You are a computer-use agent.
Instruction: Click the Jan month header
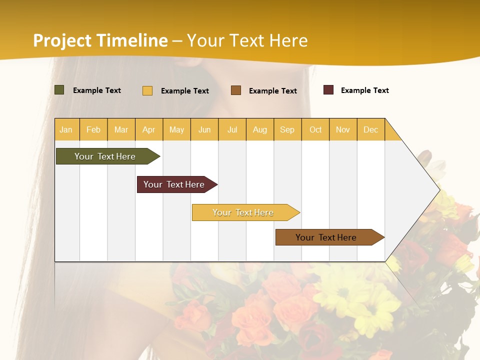click(x=66, y=129)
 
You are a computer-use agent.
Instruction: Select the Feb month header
click(x=93, y=129)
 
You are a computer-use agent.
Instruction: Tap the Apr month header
click(x=149, y=129)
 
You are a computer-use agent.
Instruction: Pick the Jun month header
click(x=204, y=129)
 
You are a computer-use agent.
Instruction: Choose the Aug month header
click(x=260, y=129)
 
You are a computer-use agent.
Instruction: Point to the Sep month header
click(x=287, y=129)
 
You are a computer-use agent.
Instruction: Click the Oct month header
click(x=315, y=129)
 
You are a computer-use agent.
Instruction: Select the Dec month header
click(x=371, y=129)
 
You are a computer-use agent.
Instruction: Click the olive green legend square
click(x=59, y=90)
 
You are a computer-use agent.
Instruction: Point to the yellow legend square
click(x=147, y=90)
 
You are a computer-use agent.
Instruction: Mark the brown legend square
click(x=236, y=90)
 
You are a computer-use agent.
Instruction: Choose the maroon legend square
click(x=328, y=90)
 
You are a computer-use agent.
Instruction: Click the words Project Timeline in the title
click(x=100, y=40)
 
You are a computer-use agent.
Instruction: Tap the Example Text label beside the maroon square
click(x=365, y=90)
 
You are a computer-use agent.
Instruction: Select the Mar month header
click(x=121, y=129)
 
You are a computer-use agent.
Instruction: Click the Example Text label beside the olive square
click(x=97, y=90)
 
